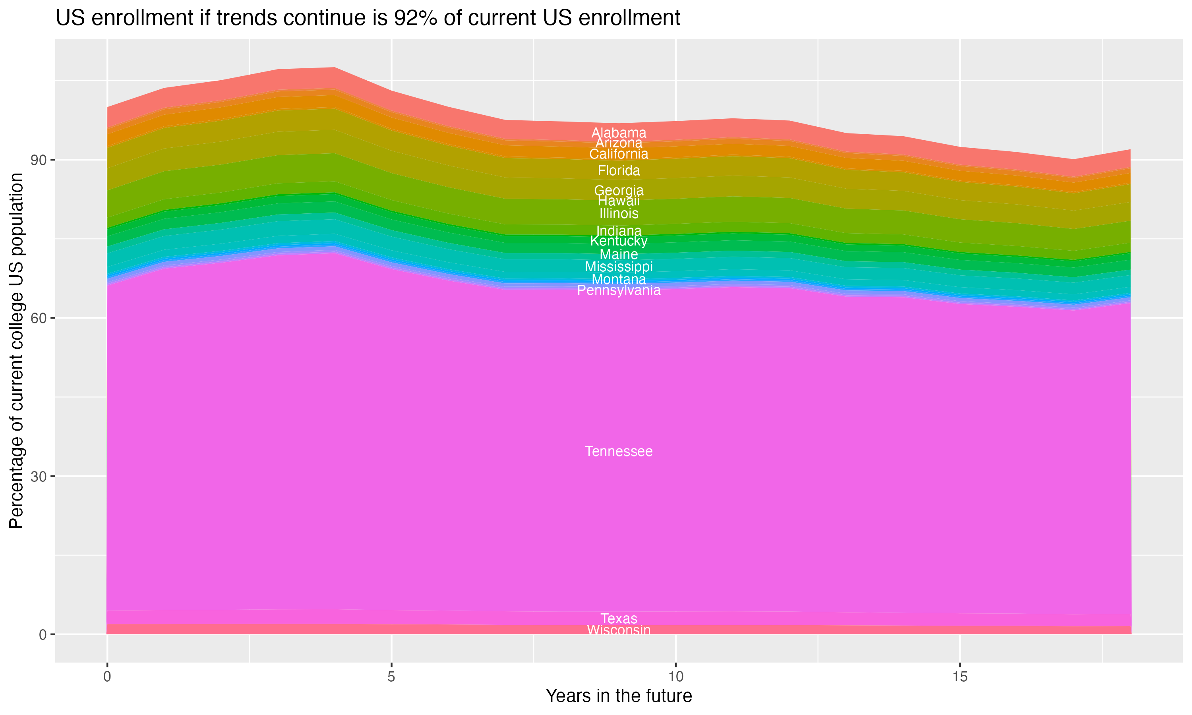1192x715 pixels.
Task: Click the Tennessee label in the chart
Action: tap(619, 452)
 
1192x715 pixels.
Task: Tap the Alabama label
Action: tap(619, 133)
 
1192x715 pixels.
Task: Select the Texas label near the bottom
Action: tap(619, 618)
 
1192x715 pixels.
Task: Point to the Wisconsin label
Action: tap(619, 630)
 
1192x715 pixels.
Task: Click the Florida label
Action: tap(619, 170)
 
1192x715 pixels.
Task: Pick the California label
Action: tap(619, 154)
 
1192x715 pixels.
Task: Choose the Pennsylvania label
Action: tap(619, 290)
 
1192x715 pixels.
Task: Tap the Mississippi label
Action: tap(619, 267)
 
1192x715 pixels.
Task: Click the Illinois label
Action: tap(619, 213)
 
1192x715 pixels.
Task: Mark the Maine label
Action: tap(619, 254)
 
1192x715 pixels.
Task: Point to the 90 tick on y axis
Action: tap(39, 160)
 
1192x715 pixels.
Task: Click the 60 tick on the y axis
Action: tap(39, 318)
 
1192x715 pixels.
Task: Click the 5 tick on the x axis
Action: tap(391, 677)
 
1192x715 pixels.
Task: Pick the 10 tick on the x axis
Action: tap(675, 677)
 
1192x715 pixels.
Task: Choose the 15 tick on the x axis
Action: tap(960, 677)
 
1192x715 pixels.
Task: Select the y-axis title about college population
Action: tap(16, 351)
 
